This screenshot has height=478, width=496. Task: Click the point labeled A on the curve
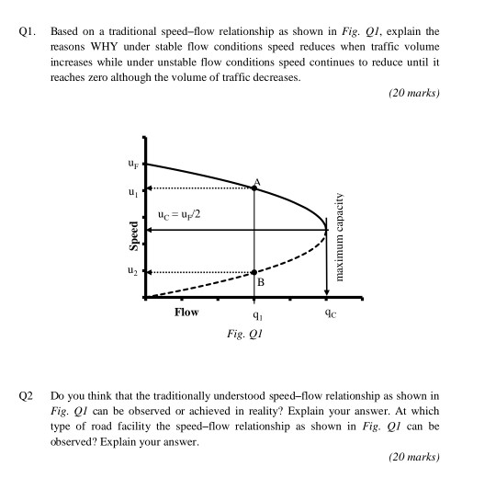[x=254, y=187]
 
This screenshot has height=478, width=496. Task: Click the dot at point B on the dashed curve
[x=254, y=272]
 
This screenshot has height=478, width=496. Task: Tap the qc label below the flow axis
[x=328, y=313]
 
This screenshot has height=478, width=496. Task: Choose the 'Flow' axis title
[x=186, y=313]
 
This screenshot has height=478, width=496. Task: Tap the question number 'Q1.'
[x=27, y=30]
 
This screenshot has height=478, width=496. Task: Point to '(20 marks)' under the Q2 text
[x=414, y=456]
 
